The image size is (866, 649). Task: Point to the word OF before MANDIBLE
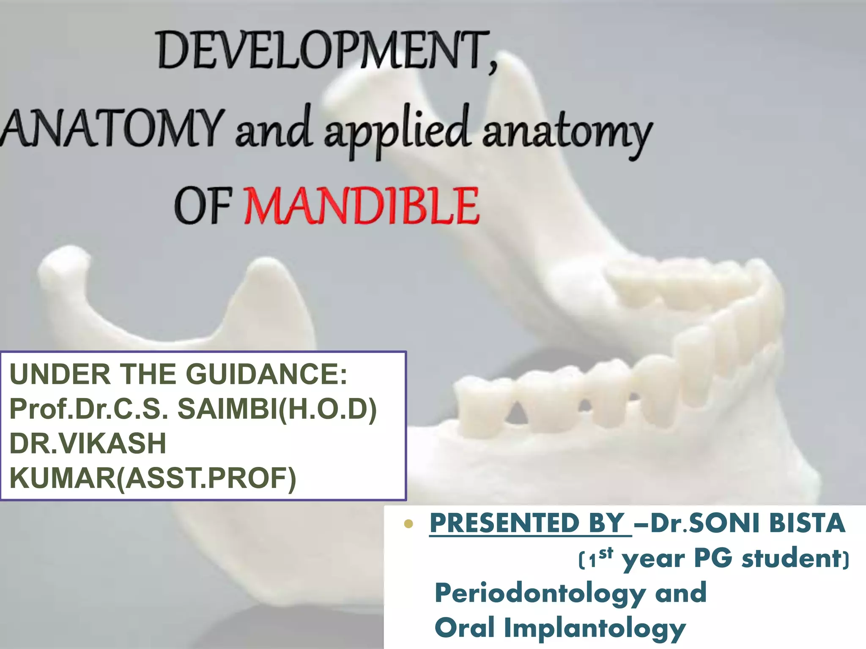tap(202, 206)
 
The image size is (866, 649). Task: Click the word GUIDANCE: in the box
tap(266, 374)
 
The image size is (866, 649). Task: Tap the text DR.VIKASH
tap(88, 444)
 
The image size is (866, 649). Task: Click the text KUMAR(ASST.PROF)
tap(153, 478)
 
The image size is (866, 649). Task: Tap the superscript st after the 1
tap(606, 553)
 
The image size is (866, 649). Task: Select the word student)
tap(795, 558)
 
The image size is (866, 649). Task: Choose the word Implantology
tap(595, 628)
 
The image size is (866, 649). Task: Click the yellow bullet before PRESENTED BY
tap(408, 524)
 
